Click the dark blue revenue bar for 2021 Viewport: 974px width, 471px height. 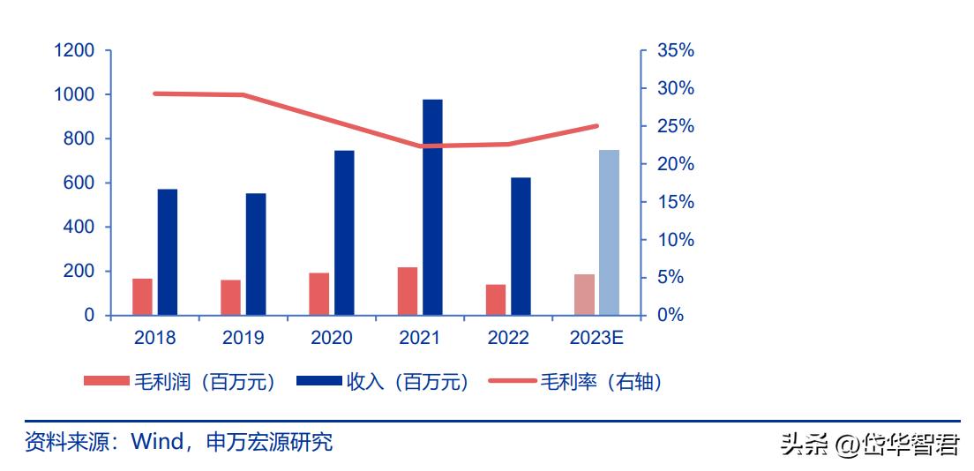pyautogui.click(x=432, y=207)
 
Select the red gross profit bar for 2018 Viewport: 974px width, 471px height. pyautogui.click(x=142, y=296)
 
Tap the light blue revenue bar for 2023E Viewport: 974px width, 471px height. pyautogui.click(x=609, y=232)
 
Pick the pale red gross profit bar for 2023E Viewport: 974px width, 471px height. pyautogui.click(x=584, y=295)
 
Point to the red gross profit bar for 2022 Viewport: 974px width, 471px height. pyautogui.click(x=496, y=300)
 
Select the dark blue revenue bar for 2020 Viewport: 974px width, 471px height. pyautogui.click(x=344, y=232)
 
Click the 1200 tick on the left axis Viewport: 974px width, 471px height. pyautogui.click(x=74, y=51)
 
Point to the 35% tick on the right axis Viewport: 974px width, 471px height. pyautogui.click(x=676, y=51)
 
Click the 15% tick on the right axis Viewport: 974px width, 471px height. pyautogui.click(x=676, y=202)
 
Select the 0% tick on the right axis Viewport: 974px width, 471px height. pyautogui.click(x=671, y=315)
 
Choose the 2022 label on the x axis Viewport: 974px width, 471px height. pyautogui.click(x=507, y=338)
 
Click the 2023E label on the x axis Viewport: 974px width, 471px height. pyautogui.click(x=596, y=338)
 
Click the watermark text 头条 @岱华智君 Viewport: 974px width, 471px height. pyautogui.click(x=869, y=444)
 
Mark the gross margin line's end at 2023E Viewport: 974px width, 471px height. pyautogui.click(x=597, y=126)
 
